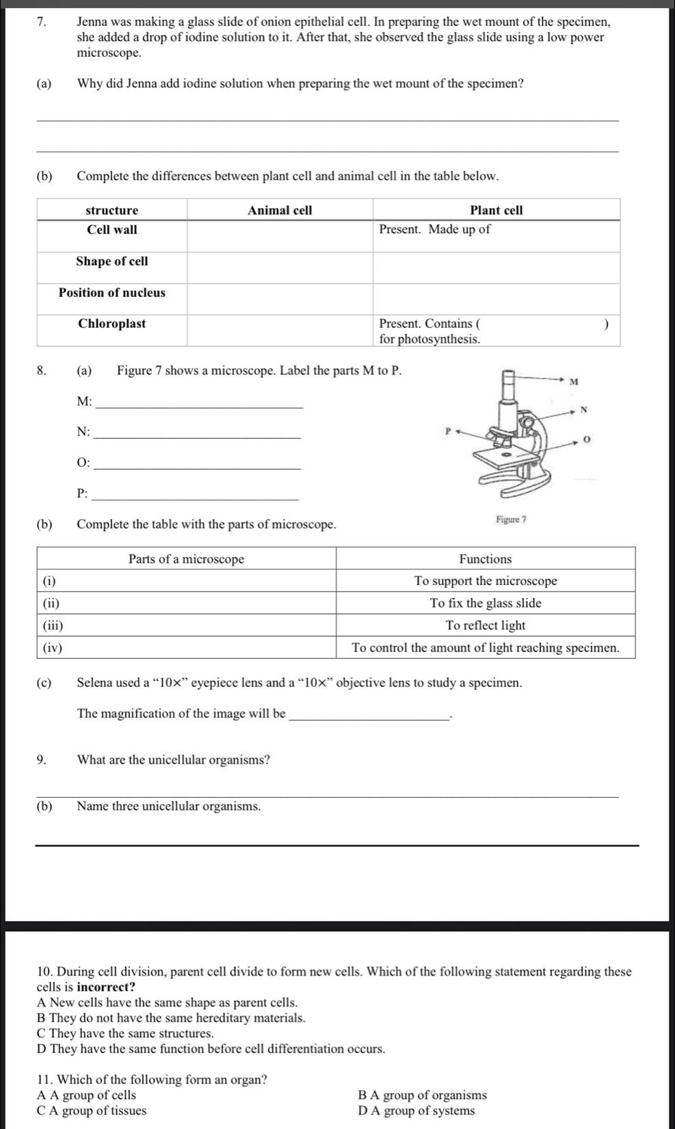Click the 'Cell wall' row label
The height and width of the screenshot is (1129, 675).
click(x=111, y=230)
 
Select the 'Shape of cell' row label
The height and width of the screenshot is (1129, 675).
click(x=111, y=261)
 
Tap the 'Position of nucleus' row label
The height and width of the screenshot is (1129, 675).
click(x=111, y=293)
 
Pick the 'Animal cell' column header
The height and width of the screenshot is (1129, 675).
click(x=280, y=210)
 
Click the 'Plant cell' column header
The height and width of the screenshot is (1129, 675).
click(x=496, y=210)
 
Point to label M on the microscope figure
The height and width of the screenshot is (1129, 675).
click(x=574, y=381)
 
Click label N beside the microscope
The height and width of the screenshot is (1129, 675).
click(x=583, y=410)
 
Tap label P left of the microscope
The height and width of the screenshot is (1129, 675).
click(x=448, y=432)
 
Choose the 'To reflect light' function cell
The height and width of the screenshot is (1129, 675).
click(x=485, y=625)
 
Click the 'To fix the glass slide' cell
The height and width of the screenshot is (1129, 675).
click(x=485, y=603)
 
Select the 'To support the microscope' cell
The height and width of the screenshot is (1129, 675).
click(x=485, y=581)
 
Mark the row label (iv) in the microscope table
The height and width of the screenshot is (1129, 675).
click(x=53, y=648)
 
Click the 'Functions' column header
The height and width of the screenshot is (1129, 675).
click(x=485, y=559)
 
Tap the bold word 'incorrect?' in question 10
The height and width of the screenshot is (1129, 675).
click(x=106, y=987)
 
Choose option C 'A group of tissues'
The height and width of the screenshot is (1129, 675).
click(x=92, y=1111)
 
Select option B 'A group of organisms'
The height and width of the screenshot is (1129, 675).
click(x=422, y=1095)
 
